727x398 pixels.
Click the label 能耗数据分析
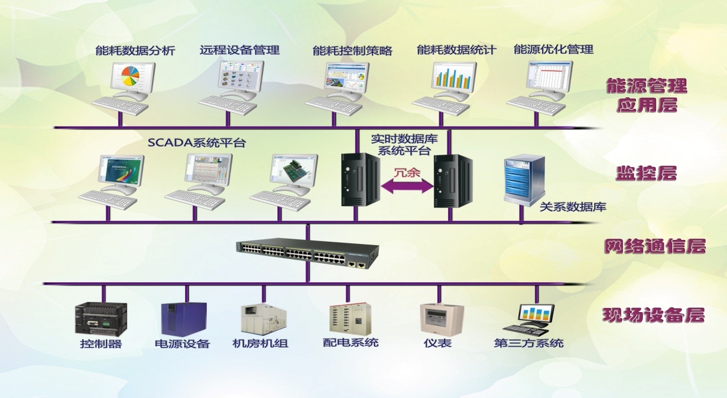pos(135,51)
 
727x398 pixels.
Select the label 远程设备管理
pos(239,50)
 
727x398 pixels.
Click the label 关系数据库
pos(573,207)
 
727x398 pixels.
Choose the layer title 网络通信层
pos(654,247)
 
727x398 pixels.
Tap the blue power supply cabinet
pos(183,319)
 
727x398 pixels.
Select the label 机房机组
pos(260,344)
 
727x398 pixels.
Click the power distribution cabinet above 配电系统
pos(347,319)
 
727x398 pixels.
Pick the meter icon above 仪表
pos(442,318)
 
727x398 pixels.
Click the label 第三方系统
pos(528,344)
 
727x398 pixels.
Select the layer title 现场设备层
pos(653,315)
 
